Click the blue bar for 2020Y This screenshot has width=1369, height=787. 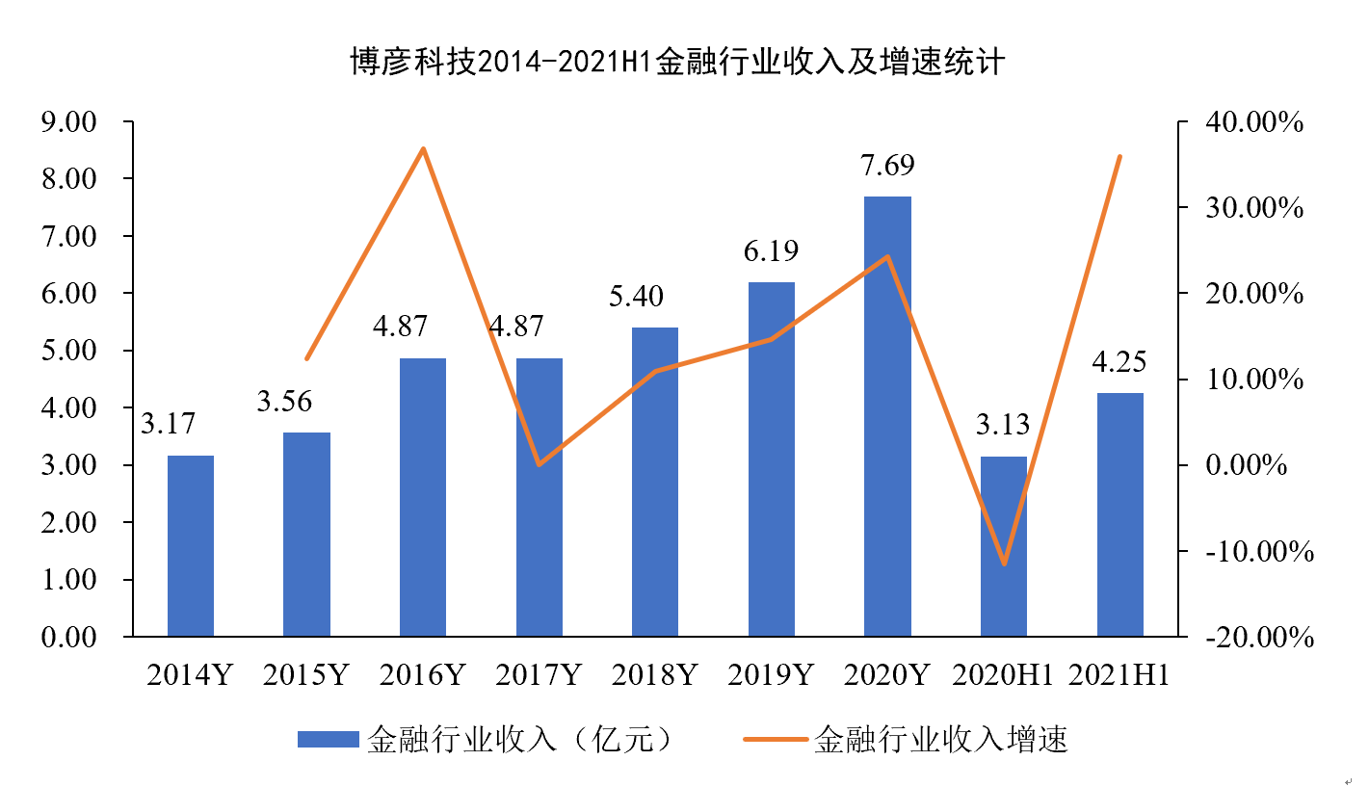point(887,416)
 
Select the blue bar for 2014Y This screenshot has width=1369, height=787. point(190,545)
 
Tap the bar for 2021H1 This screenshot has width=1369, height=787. point(1119,514)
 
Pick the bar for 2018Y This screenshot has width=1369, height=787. point(655,482)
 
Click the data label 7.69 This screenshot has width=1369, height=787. point(887,165)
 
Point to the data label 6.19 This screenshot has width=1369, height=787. point(771,251)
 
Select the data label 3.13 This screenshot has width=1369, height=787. point(1003,424)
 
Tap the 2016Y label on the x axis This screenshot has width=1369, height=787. point(422,674)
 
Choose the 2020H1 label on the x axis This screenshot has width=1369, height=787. point(1003,674)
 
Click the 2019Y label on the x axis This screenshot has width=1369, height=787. point(771,674)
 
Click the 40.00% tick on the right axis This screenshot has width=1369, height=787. point(1254,122)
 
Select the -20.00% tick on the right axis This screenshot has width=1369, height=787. point(1254,637)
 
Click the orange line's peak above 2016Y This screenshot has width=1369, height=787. point(423,148)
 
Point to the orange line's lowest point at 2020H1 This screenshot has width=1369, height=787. point(1004,564)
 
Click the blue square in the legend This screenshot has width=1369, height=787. point(328,740)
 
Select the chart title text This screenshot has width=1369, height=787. point(676,63)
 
